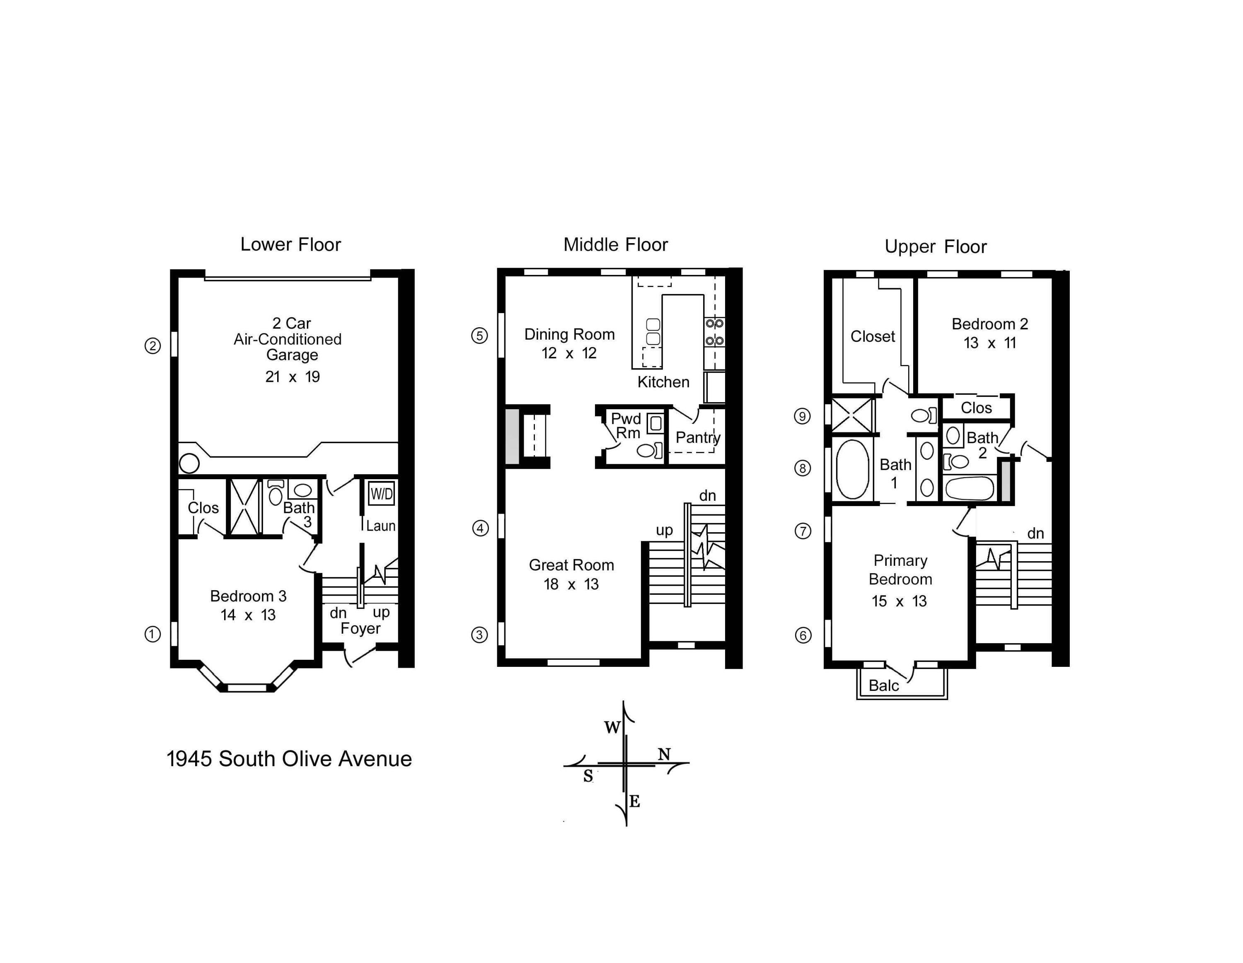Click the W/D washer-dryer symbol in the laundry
click(381, 494)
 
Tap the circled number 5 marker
click(480, 335)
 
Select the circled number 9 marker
click(803, 416)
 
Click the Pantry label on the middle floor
click(697, 437)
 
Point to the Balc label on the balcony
click(883, 685)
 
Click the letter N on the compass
click(664, 754)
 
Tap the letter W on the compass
click(612, 727)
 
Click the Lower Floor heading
click(290, 245)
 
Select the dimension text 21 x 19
click(293, 377)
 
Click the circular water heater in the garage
click(189, 463)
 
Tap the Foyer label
click(360, 628)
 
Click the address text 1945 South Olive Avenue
click(289, 759)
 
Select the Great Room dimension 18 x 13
click(571, 584)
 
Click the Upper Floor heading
click(935, 247)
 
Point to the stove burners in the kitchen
click(714, 332)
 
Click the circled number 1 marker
click(152, 634)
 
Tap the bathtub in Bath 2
click(969, 488)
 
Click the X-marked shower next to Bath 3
click(244, 507)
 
